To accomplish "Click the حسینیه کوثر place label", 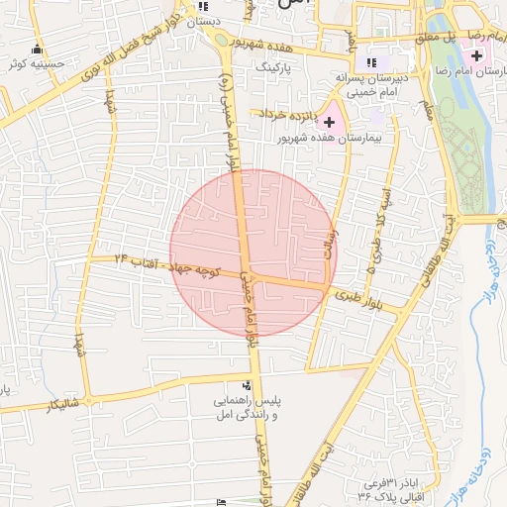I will click(36, 63).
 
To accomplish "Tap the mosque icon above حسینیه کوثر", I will click(38, 49).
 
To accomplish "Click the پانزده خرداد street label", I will click(288, 115).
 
